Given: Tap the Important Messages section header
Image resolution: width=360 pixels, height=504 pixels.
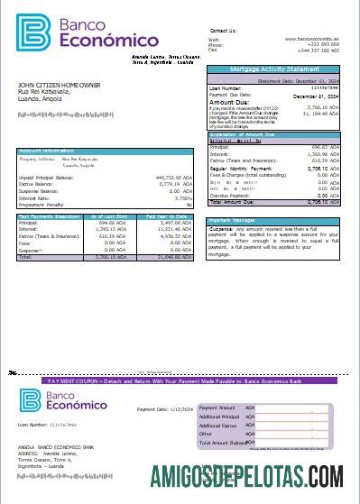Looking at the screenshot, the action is click(x=233, y=219).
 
